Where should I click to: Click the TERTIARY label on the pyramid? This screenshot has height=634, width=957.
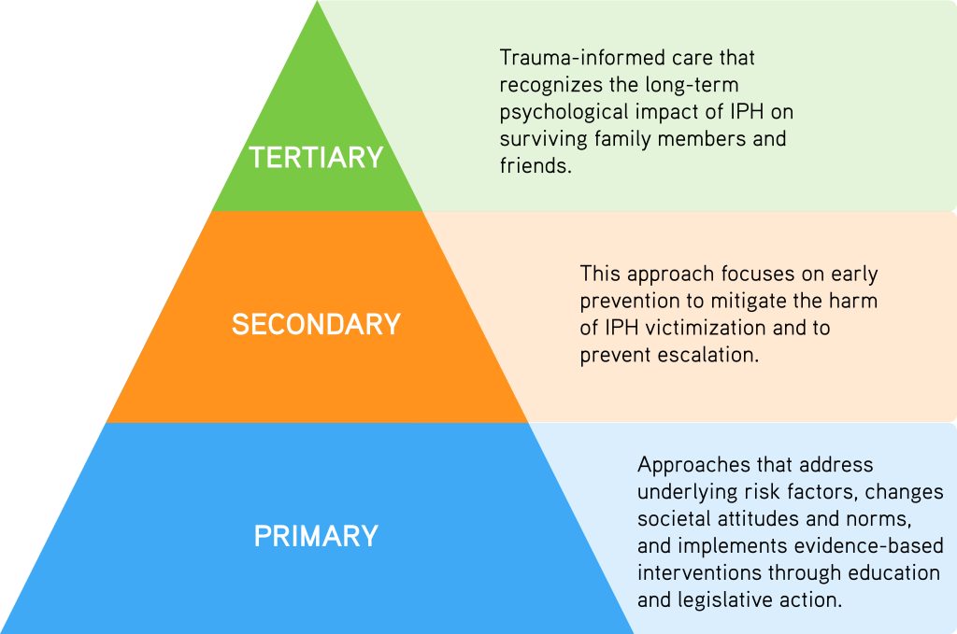coord(316,157)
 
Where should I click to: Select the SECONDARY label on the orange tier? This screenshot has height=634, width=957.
coord(316,324)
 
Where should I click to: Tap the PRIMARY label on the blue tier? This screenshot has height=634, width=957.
coord(316,536)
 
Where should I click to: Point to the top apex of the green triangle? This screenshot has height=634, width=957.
coord(318,5)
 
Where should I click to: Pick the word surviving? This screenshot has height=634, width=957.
coord(542,140)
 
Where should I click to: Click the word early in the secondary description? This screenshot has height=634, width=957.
coord(852,275)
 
